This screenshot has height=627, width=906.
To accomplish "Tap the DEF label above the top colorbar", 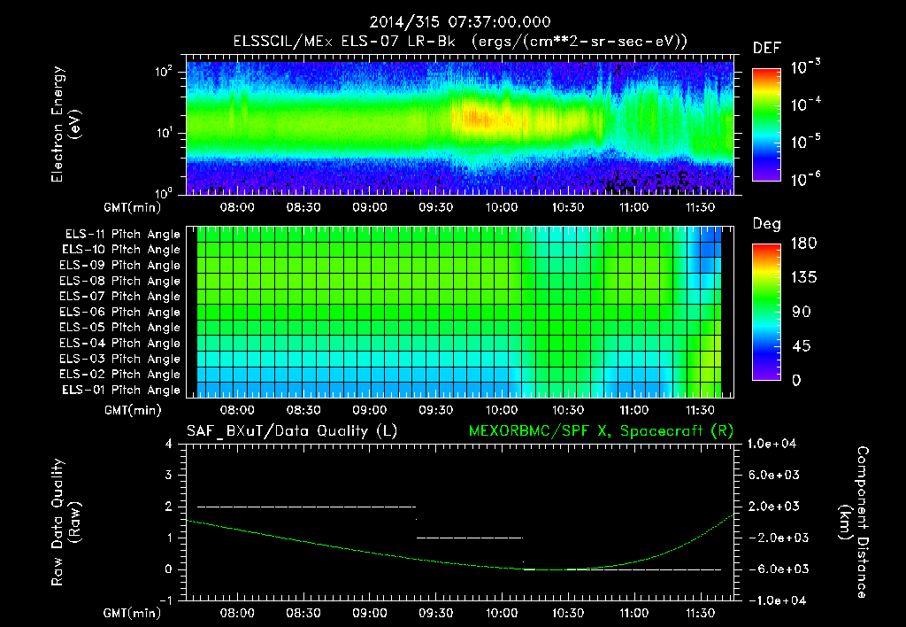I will (766, 49).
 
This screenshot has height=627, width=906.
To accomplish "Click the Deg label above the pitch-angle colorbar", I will (766, 224).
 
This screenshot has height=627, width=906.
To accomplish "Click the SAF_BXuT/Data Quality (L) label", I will (291, 431).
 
